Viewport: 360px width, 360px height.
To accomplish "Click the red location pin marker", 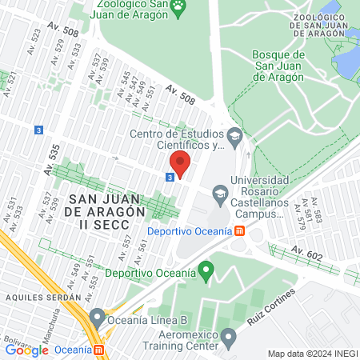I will (x=179, y=164).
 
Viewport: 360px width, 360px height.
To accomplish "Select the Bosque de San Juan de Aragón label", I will (x=278, y=66).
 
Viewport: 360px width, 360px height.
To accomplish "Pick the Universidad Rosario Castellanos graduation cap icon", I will (x=218, y=193).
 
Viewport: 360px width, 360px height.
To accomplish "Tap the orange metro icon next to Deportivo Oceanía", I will (x=239, y=231).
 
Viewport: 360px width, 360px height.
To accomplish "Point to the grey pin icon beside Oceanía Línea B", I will (x=98, y=317).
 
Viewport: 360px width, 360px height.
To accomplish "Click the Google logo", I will (x=26, y=350).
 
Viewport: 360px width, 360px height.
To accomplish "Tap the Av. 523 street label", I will (x=34, y=38).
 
